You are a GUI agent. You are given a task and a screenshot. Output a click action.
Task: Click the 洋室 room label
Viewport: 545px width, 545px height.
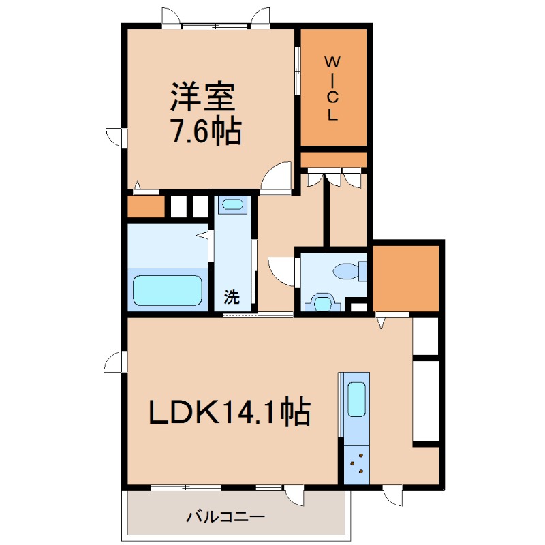tap(203, 97)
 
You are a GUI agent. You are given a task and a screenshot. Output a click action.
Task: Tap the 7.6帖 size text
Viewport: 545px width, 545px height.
tap(205, 131)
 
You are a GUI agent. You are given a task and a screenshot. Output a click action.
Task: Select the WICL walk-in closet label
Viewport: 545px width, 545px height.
tap(332, 87)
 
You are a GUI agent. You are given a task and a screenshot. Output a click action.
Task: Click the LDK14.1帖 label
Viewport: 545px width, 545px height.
tap(230, 412)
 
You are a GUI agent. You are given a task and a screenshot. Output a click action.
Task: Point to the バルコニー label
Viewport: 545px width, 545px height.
tap(225, 516)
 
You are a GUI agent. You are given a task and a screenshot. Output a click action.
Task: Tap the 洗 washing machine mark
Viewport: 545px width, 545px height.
tap(232, 297)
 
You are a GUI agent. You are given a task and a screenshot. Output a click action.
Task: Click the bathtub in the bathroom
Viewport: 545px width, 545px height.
tap(168, 290)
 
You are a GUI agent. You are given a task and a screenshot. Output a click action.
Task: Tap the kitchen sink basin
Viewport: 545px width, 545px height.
tap(357, 399)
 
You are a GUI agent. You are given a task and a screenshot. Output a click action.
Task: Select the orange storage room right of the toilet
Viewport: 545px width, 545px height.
tap(405, 277)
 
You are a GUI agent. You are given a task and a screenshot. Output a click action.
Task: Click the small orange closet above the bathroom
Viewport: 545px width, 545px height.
tap(146, 206)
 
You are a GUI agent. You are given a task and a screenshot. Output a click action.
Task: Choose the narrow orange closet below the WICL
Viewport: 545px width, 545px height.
tap(333, 160)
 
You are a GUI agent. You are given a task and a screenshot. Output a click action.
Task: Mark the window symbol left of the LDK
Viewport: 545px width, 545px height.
tap(116, 362)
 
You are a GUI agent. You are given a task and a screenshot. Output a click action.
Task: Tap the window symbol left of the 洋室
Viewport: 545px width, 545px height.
tap(116, 136)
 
